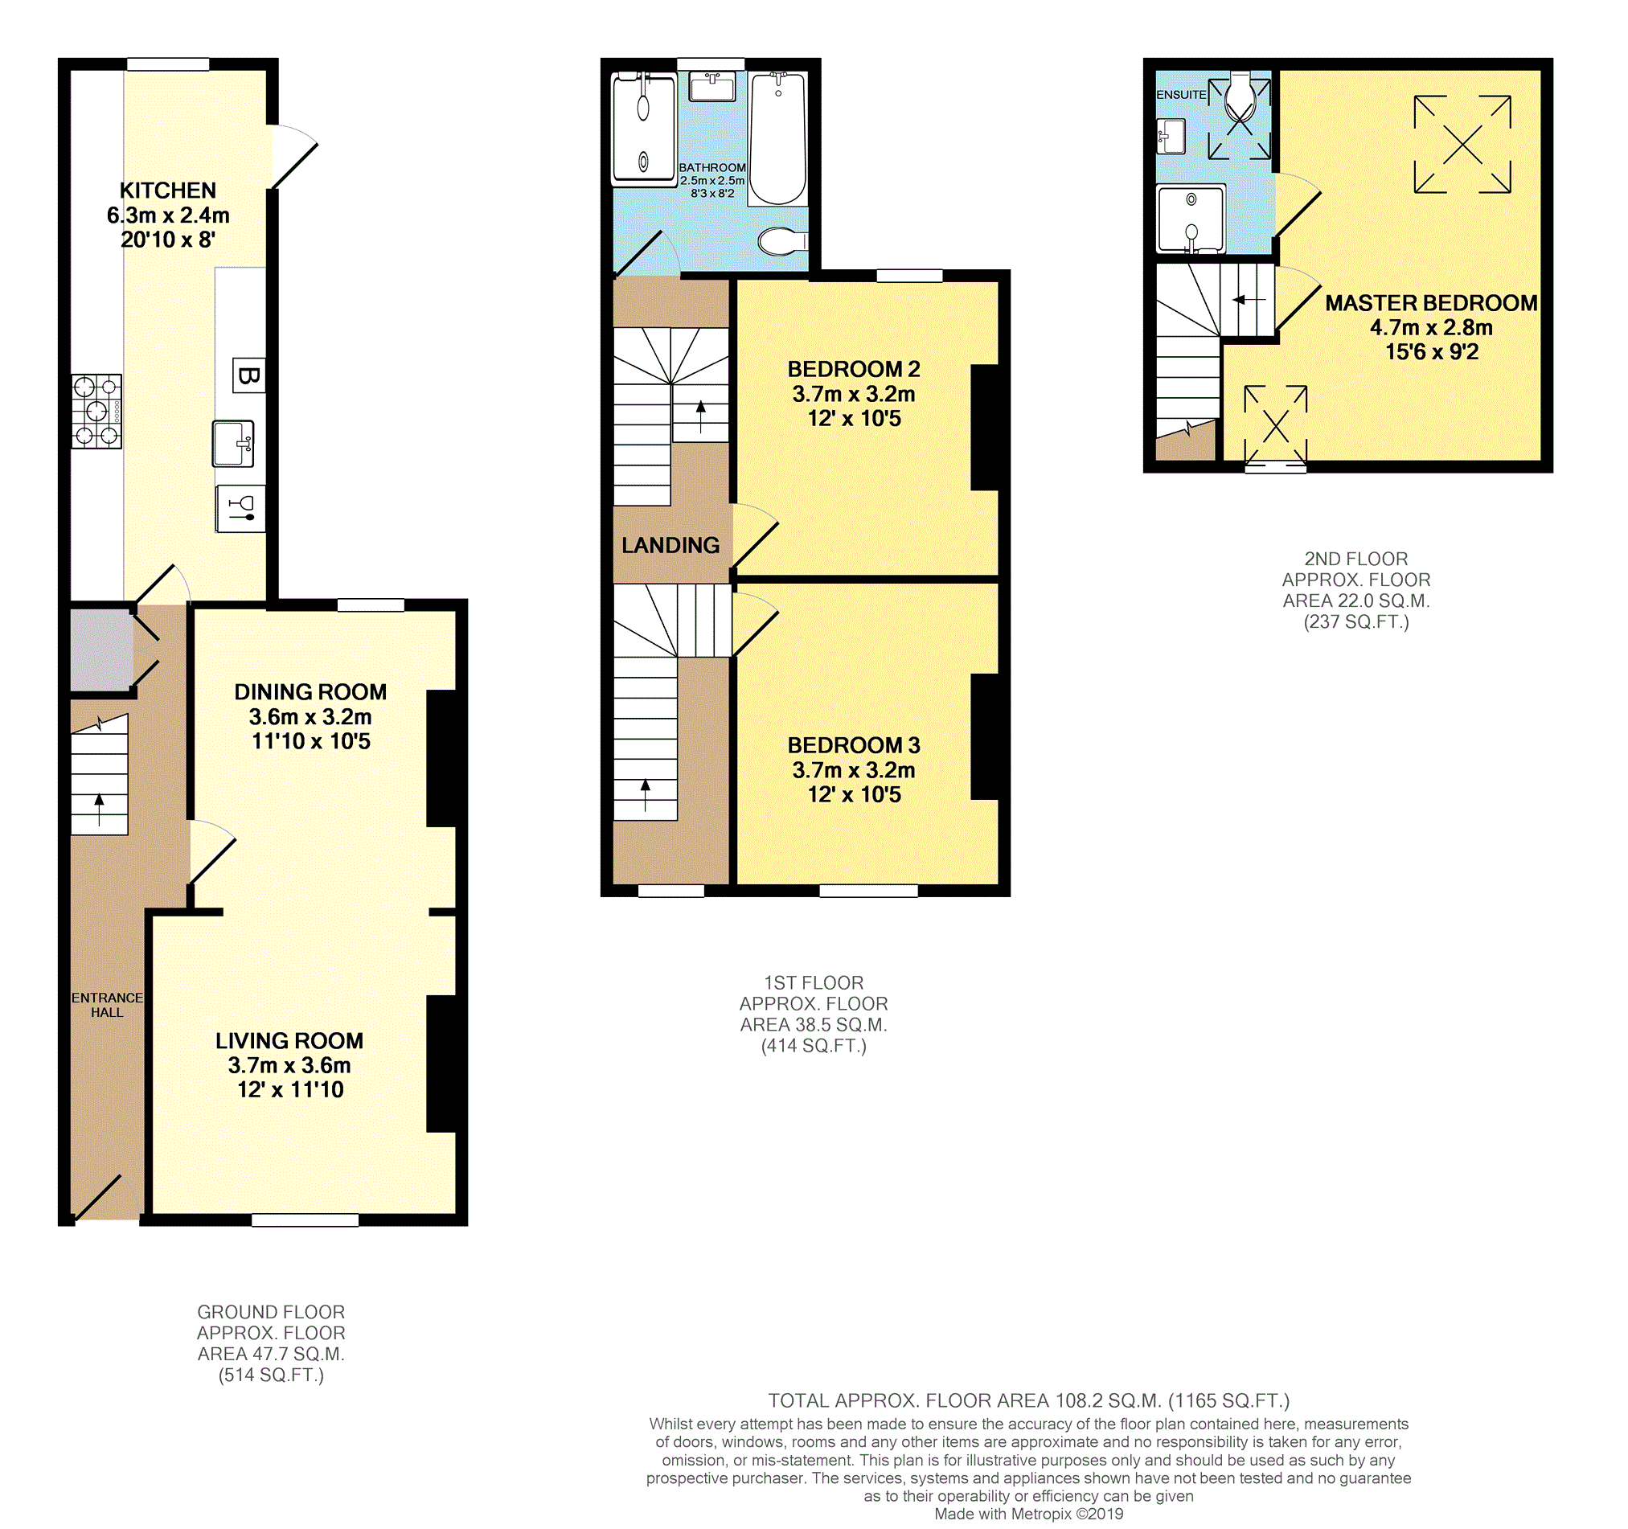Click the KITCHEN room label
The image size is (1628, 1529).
(168, 190)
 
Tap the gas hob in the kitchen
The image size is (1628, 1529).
(96, 411)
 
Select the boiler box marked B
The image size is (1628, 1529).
(248, 376)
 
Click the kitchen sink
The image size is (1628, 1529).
(233, 443)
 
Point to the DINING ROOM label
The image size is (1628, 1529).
(310, 692)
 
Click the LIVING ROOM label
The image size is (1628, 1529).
(289, 1041)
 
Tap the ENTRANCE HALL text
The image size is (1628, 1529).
(107, 1005)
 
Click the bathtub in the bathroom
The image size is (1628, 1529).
(778, 137)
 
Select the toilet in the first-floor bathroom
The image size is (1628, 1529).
(783, 241)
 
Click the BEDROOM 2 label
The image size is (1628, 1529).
(854, 369)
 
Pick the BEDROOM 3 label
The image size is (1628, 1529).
(854, 745)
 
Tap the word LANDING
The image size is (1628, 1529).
(670, 545)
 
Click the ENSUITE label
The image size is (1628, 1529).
(1181, 95)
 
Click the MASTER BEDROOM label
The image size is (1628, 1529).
(1432, 303)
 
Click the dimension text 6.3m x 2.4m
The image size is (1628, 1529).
(168, 215)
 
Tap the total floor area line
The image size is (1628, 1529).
(1028, 1401)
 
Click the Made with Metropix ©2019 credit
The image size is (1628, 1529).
(1028, 1515)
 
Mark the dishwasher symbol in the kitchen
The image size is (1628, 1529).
(240, 509)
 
